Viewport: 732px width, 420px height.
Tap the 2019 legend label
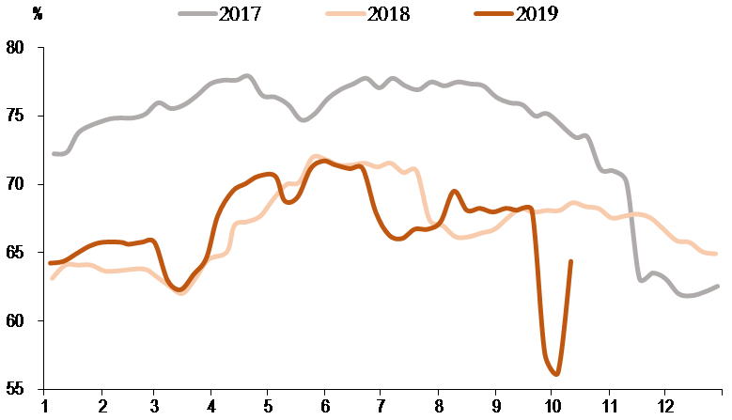(537, 15)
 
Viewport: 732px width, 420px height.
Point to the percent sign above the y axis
(37, 15)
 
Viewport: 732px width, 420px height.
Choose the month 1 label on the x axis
(44, 408)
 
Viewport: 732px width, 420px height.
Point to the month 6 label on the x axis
(325, 408)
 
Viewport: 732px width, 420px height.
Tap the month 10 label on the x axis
(551, 408)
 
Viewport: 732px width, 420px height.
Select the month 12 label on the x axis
(664, 408)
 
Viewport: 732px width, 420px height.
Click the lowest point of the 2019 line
(557, 374)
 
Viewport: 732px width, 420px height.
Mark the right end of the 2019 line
(571, 261)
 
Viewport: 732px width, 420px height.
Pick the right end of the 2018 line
(717, 254)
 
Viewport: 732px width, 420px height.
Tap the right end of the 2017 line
(719, 286)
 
